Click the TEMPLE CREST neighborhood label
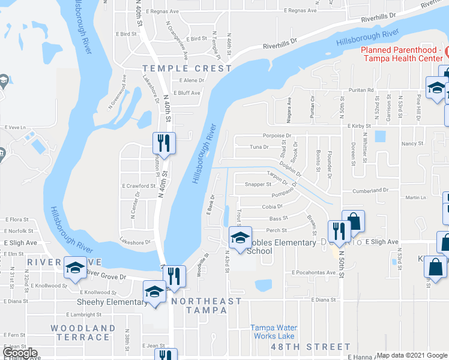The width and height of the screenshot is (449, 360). [x=187, y=68]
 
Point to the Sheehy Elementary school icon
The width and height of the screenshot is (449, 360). [x=154, y=292]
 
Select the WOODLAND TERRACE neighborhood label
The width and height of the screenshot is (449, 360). [x=83, y=332]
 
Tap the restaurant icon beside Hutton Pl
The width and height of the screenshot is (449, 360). [x=163, y=143]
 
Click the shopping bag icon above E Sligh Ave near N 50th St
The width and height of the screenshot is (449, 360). [x=353, y=220]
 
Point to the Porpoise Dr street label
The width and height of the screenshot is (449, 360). [x=276, y=136]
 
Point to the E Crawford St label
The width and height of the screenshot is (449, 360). [x=139, y=186]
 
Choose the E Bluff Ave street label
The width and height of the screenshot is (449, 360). [x=187, y=93]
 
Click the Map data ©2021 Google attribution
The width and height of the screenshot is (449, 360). [x=412, y=355]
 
